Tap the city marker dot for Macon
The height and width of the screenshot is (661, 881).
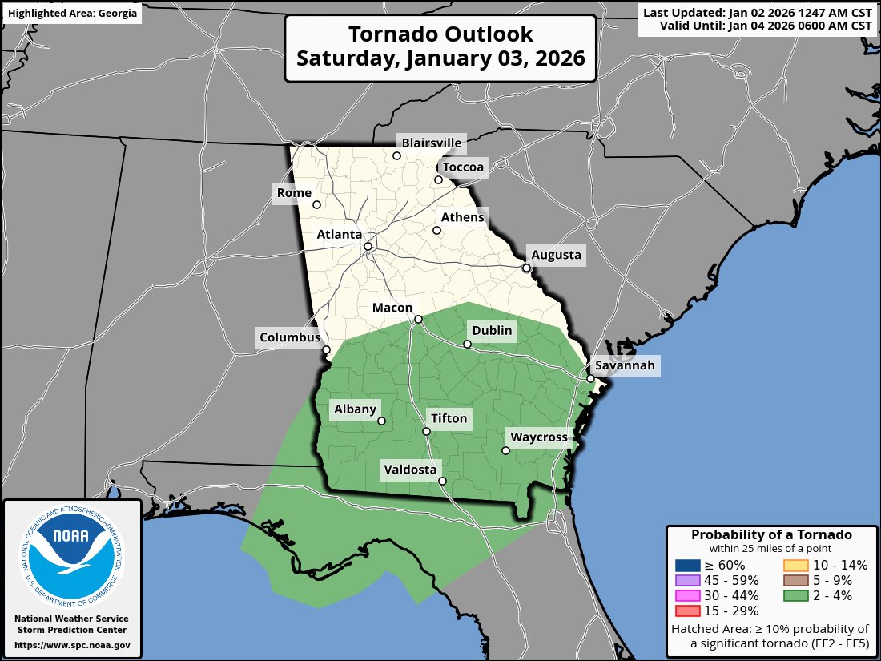coord(418,319)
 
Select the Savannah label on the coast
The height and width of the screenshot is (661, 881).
coord(625,366)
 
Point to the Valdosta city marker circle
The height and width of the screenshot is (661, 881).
coord(442,481)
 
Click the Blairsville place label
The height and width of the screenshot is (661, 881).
coord(432,143)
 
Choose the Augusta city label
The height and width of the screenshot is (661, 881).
coord(557,256)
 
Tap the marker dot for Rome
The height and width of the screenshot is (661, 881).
coord(316,204)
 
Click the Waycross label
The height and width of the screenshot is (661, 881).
coord(539,437)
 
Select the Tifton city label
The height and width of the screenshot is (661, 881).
coord(449,418)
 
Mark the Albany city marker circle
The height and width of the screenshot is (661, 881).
coord(381,421)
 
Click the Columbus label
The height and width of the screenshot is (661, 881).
coord(289,337)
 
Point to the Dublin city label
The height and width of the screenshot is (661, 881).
coord(492,331)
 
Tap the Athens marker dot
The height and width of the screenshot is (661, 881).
coord(437,231)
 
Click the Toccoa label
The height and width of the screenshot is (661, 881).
coord(464,167)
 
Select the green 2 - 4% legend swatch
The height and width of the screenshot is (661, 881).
coord(795,595)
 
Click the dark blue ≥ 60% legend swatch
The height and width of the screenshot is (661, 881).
coord(688,565)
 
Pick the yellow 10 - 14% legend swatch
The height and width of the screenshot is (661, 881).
coord(795,565)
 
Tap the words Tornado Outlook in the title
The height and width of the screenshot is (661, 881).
coord(440,35)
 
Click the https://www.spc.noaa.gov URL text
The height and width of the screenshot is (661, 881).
coord(72,645)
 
